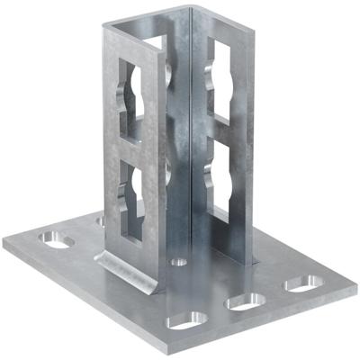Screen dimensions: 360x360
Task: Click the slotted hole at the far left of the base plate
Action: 57,241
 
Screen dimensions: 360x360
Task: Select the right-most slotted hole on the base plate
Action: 303,283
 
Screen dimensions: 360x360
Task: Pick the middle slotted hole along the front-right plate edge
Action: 244,302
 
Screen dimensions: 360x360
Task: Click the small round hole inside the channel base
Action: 179,262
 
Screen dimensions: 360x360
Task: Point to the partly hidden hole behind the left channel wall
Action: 100,219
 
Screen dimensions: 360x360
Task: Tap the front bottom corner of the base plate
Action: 181,352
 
